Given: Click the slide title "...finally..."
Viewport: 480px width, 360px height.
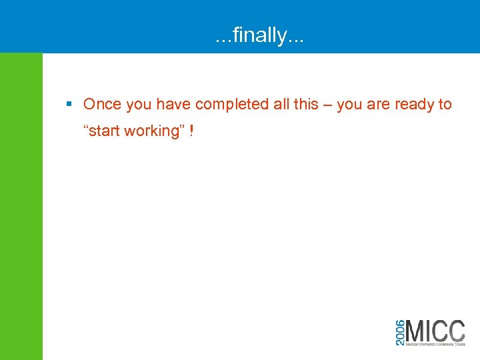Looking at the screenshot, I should pos(259,34).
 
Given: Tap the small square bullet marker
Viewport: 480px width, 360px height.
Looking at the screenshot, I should pos(69,104).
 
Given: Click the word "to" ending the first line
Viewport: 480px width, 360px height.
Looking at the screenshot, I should pos(445,105).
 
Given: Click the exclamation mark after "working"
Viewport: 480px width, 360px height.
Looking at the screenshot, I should pos(191,131).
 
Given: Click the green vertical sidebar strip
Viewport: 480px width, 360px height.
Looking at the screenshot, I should pos(21,207).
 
